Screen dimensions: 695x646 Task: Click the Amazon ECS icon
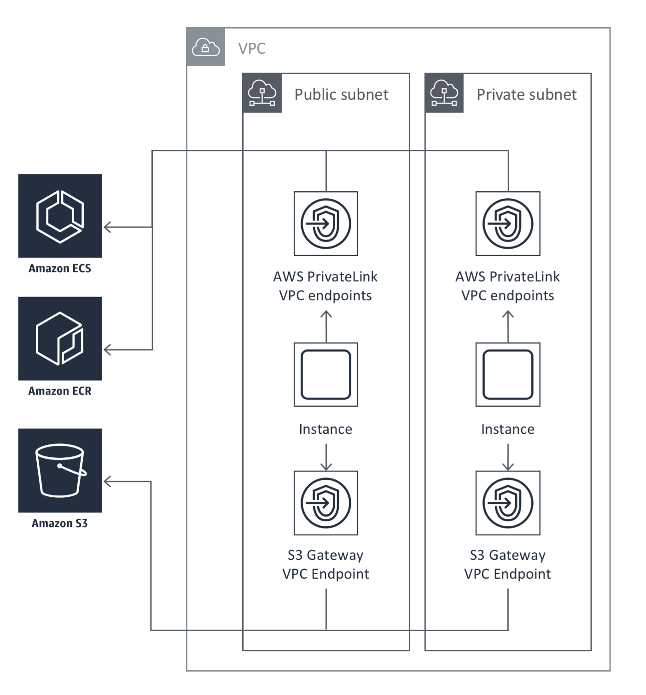coord(60,216)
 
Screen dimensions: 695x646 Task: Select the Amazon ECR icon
coord(60,339)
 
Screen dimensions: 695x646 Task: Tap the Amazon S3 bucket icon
coord(60,471)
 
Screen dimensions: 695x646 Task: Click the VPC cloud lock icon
coord(206,47)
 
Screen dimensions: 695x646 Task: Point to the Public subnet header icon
coord(262,93)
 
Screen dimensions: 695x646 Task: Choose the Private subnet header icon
coord(444,93)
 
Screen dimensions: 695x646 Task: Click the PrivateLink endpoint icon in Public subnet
coord(326,224)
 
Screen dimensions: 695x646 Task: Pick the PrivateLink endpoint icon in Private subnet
coord(508,224)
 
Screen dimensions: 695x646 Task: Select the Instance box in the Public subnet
coord(326,374)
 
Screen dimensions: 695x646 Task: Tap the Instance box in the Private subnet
coord(508,374)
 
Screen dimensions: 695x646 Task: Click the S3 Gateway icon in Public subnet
coord(326,503)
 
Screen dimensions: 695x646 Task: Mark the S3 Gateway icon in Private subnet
coord(508,503)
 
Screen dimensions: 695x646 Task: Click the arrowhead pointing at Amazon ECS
coord(108,227)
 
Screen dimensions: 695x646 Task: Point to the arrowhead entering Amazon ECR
coord(108,350)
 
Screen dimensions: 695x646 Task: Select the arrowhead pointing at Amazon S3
coord(108,482)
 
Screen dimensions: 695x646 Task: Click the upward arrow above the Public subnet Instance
coord(326,317)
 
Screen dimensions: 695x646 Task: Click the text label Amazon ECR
coord(60,391)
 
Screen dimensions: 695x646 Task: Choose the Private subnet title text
coord(526,94)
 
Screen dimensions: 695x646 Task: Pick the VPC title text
coord(252,48)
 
